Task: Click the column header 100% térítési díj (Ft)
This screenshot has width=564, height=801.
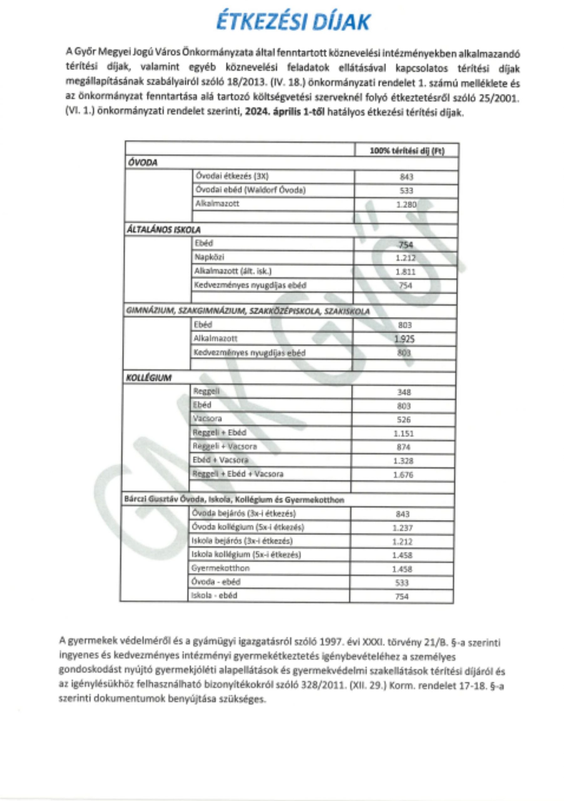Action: [407, 151]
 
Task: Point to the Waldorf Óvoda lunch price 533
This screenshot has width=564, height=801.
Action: [406, 191]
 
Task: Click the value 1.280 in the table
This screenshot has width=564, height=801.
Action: [406, 204]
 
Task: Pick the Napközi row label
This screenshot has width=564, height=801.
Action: [209, 258]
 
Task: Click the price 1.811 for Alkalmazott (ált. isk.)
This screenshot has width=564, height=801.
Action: [405, 272]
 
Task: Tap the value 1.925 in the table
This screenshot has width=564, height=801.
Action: [404, 339]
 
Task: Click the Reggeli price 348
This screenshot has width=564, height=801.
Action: [404, 392]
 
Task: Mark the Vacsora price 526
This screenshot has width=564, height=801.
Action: [404, 420]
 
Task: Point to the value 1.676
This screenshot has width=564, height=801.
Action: [403, 474]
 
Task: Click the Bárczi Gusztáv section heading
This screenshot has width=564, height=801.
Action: [234, 500]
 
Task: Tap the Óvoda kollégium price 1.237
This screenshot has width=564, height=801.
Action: [402, 528]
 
